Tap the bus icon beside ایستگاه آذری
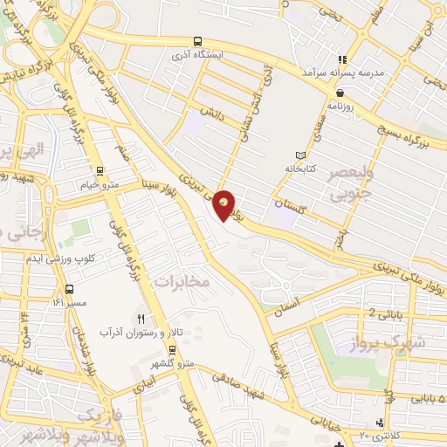[199, 40]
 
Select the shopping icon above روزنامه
[340, 92]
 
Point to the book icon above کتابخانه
[302, 155]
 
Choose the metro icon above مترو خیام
[101, 171]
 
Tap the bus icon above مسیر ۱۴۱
[69, 289]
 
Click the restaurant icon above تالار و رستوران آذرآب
[140, 319]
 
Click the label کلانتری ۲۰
[378, 435]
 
